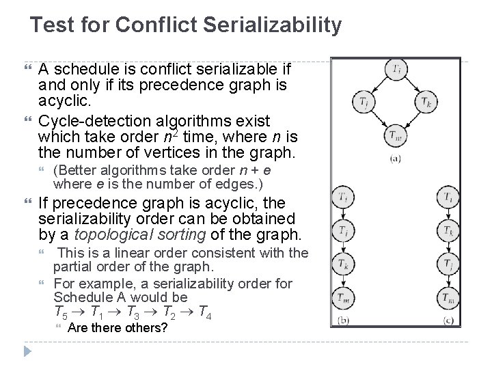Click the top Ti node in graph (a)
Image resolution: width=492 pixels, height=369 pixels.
point(396,70)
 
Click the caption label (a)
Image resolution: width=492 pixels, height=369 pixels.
point(396,159)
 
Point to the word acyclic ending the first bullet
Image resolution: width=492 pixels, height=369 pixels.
point(61,102)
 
